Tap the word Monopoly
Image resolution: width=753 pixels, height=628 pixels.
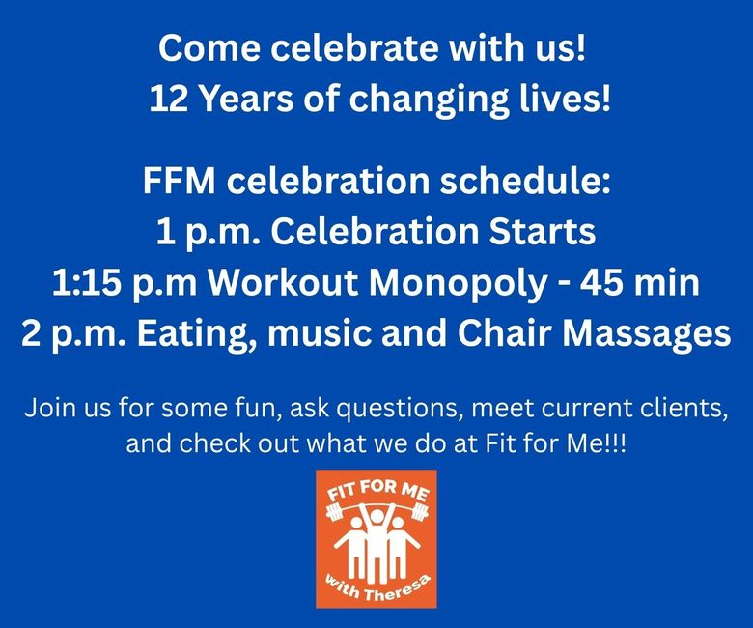(458, 282)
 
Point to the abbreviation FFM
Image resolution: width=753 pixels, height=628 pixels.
(179, 181)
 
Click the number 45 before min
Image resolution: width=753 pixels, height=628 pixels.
(598, 282)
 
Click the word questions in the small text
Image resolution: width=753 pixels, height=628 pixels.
(400, 409)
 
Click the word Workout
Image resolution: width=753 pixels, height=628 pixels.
(282, 282)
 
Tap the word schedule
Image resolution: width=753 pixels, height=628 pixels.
(525, 181)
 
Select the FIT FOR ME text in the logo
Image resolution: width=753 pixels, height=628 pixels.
(376, 493)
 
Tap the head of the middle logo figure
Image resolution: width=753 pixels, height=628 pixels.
(376, 517)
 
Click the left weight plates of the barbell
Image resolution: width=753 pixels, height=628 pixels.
(334, 512)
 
